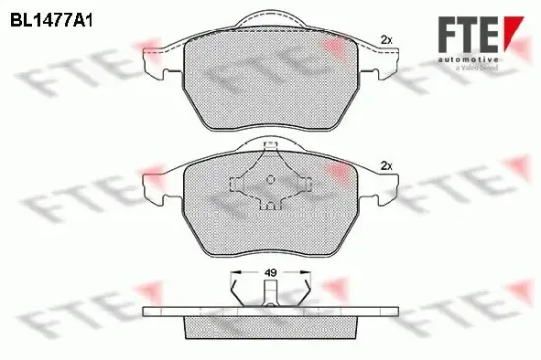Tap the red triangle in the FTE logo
tap(512, 24)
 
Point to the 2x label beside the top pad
tap(386, 39)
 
